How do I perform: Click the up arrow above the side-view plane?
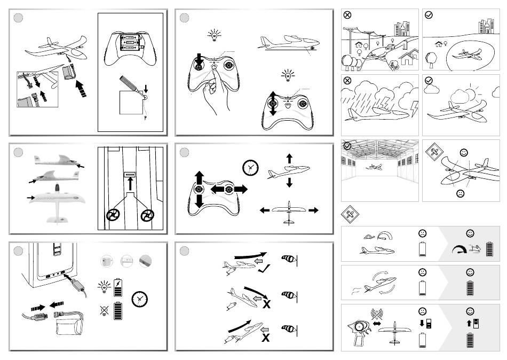click(289, 159)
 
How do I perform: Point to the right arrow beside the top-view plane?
click(313, 210)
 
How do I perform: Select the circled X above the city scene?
click(347, 15)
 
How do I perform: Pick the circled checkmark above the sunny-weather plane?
click(429, 81)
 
